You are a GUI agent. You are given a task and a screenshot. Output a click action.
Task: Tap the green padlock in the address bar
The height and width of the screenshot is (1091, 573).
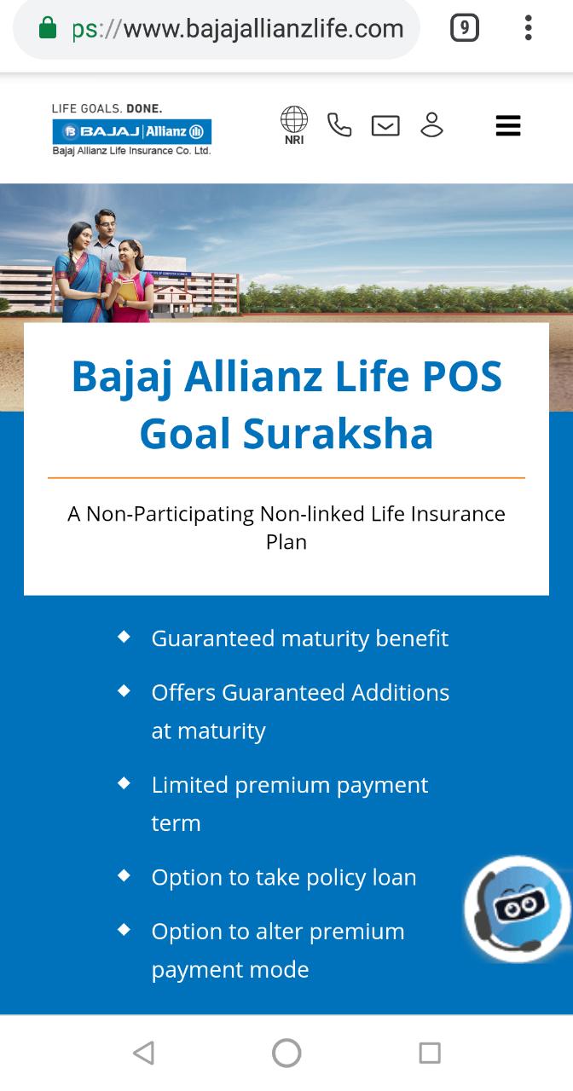point(48,27)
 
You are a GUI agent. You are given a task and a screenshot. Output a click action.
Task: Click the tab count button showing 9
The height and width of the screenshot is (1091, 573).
point(465,28)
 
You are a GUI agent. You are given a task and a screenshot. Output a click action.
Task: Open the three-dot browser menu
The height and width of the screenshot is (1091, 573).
point(528,28)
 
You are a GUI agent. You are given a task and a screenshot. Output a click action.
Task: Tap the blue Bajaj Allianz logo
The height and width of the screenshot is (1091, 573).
point(132,131)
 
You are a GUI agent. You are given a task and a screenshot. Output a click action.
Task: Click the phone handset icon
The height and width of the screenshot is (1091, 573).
point(339,124)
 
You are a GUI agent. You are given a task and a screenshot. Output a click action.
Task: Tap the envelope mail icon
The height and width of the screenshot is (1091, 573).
point(385,125)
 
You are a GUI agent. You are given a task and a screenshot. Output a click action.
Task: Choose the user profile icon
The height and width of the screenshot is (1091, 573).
point(431,124)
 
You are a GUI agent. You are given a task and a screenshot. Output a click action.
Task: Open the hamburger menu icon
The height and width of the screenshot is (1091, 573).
point(508,125)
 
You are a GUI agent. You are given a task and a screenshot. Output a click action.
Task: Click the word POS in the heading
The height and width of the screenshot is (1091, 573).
point(462,377)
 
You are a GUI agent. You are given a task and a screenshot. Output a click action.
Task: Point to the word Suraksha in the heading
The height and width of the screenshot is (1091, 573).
point(338,434)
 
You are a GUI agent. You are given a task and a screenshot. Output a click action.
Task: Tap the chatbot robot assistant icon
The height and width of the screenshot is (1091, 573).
point(518,909)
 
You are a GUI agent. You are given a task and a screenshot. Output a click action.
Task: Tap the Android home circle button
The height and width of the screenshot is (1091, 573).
point(286,1053)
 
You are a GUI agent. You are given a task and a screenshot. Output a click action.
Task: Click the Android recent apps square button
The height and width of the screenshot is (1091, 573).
point(430,1053)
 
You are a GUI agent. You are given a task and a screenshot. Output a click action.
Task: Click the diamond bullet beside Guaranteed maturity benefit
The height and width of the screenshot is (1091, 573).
point(124,637)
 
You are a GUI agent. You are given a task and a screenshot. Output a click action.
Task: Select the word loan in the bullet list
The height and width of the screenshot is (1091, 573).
point(394,877)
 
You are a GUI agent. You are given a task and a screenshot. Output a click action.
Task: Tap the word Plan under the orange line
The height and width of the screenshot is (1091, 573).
point(286,542)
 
